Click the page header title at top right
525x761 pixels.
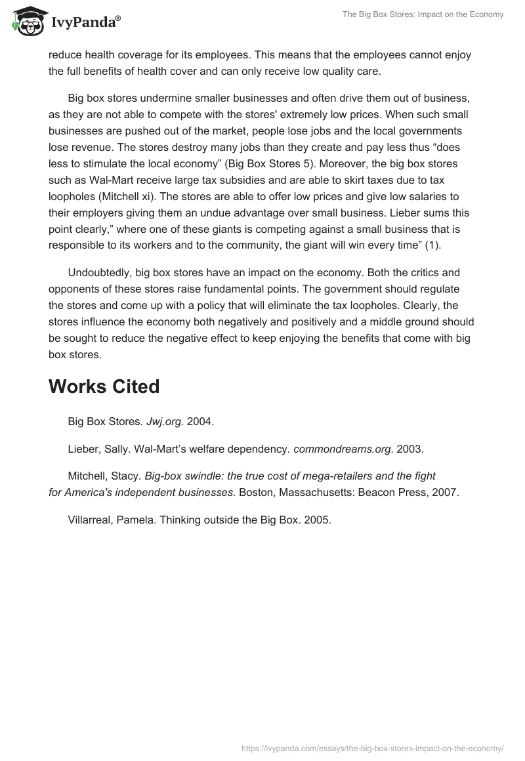[x=423, y=14]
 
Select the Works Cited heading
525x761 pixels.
[x=104, y=387]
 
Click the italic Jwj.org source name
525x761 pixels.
[x=165, y=422]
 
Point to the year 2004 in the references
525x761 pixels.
[x=200, y=422]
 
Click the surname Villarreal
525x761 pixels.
[x=89, y=520]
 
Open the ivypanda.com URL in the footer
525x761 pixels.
[x=372, y=748]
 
